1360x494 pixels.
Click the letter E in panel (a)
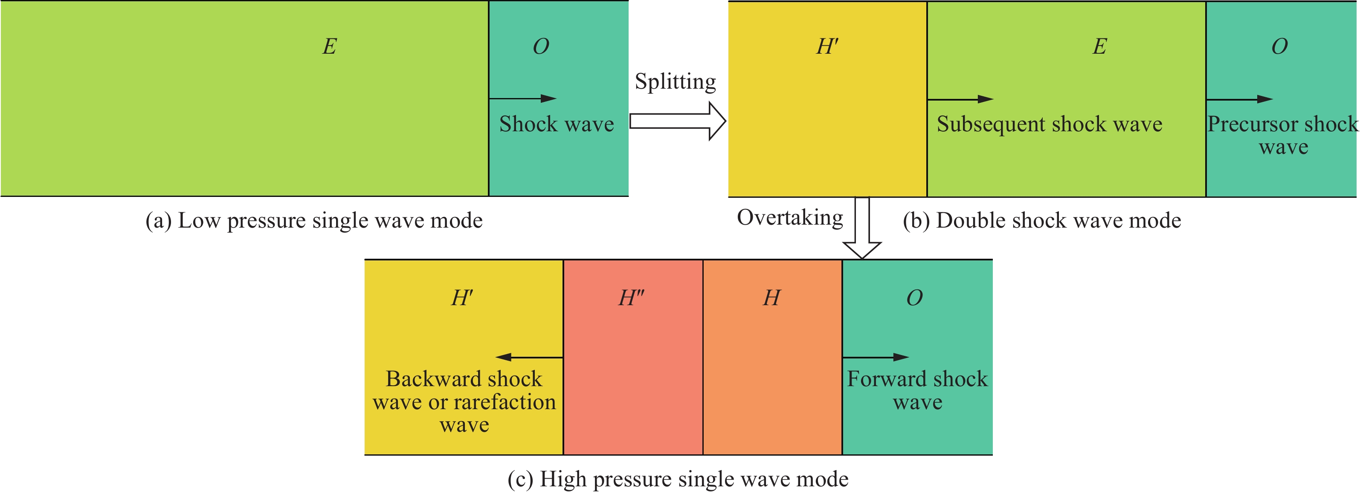pos(329,46)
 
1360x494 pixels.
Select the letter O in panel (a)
pos(541,46)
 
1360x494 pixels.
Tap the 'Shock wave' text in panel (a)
pos(557,124)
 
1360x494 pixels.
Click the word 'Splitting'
pos(675,82)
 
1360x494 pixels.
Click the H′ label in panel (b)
pos(827,46)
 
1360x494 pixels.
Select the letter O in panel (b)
pos(1279,46)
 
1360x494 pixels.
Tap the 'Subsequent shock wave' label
pos(1050,124)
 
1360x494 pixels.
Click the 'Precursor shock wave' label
pos(1283,135)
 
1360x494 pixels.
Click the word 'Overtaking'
pos(790,217)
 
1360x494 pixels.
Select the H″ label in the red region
pos(632,298)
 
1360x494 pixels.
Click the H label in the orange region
pos(771,298)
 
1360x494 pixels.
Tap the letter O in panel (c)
pos(914,298)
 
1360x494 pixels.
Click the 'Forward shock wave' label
pos(918,390)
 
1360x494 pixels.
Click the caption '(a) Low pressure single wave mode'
pos(314,221)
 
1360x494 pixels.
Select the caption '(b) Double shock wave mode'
pos(1042,221)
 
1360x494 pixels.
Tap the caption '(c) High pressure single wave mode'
pos(678,479)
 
